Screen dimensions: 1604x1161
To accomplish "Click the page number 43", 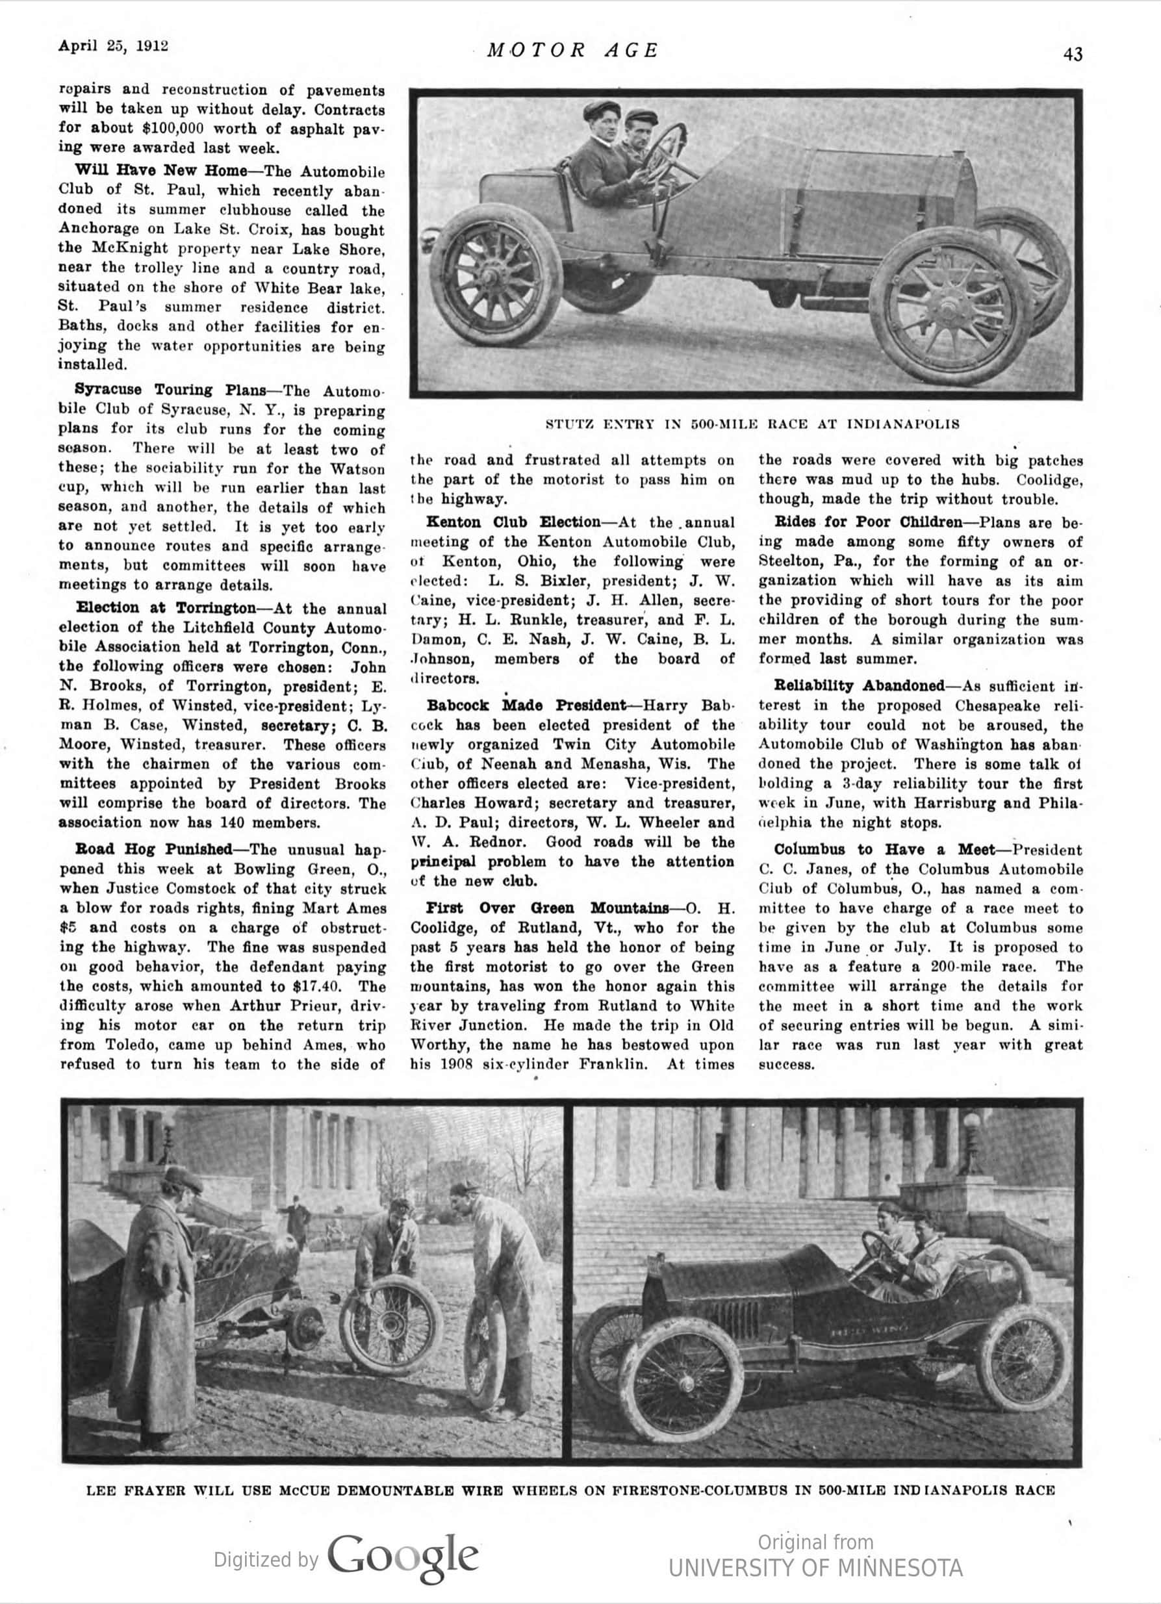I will pos(1072,55).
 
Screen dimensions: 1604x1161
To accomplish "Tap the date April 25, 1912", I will pos(113,46).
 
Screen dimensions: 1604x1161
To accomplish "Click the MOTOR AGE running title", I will pos(574,50).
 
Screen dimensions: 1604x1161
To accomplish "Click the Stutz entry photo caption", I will pos(752,424).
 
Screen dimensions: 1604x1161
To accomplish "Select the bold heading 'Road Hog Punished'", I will pos(153,849).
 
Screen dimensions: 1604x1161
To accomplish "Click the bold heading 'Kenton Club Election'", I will pos(512,522).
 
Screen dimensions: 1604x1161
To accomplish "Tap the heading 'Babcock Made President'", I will pos(526,706).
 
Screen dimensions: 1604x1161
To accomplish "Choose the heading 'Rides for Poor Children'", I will pos(868,522).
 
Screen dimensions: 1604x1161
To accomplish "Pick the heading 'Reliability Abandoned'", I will pos(859,686).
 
